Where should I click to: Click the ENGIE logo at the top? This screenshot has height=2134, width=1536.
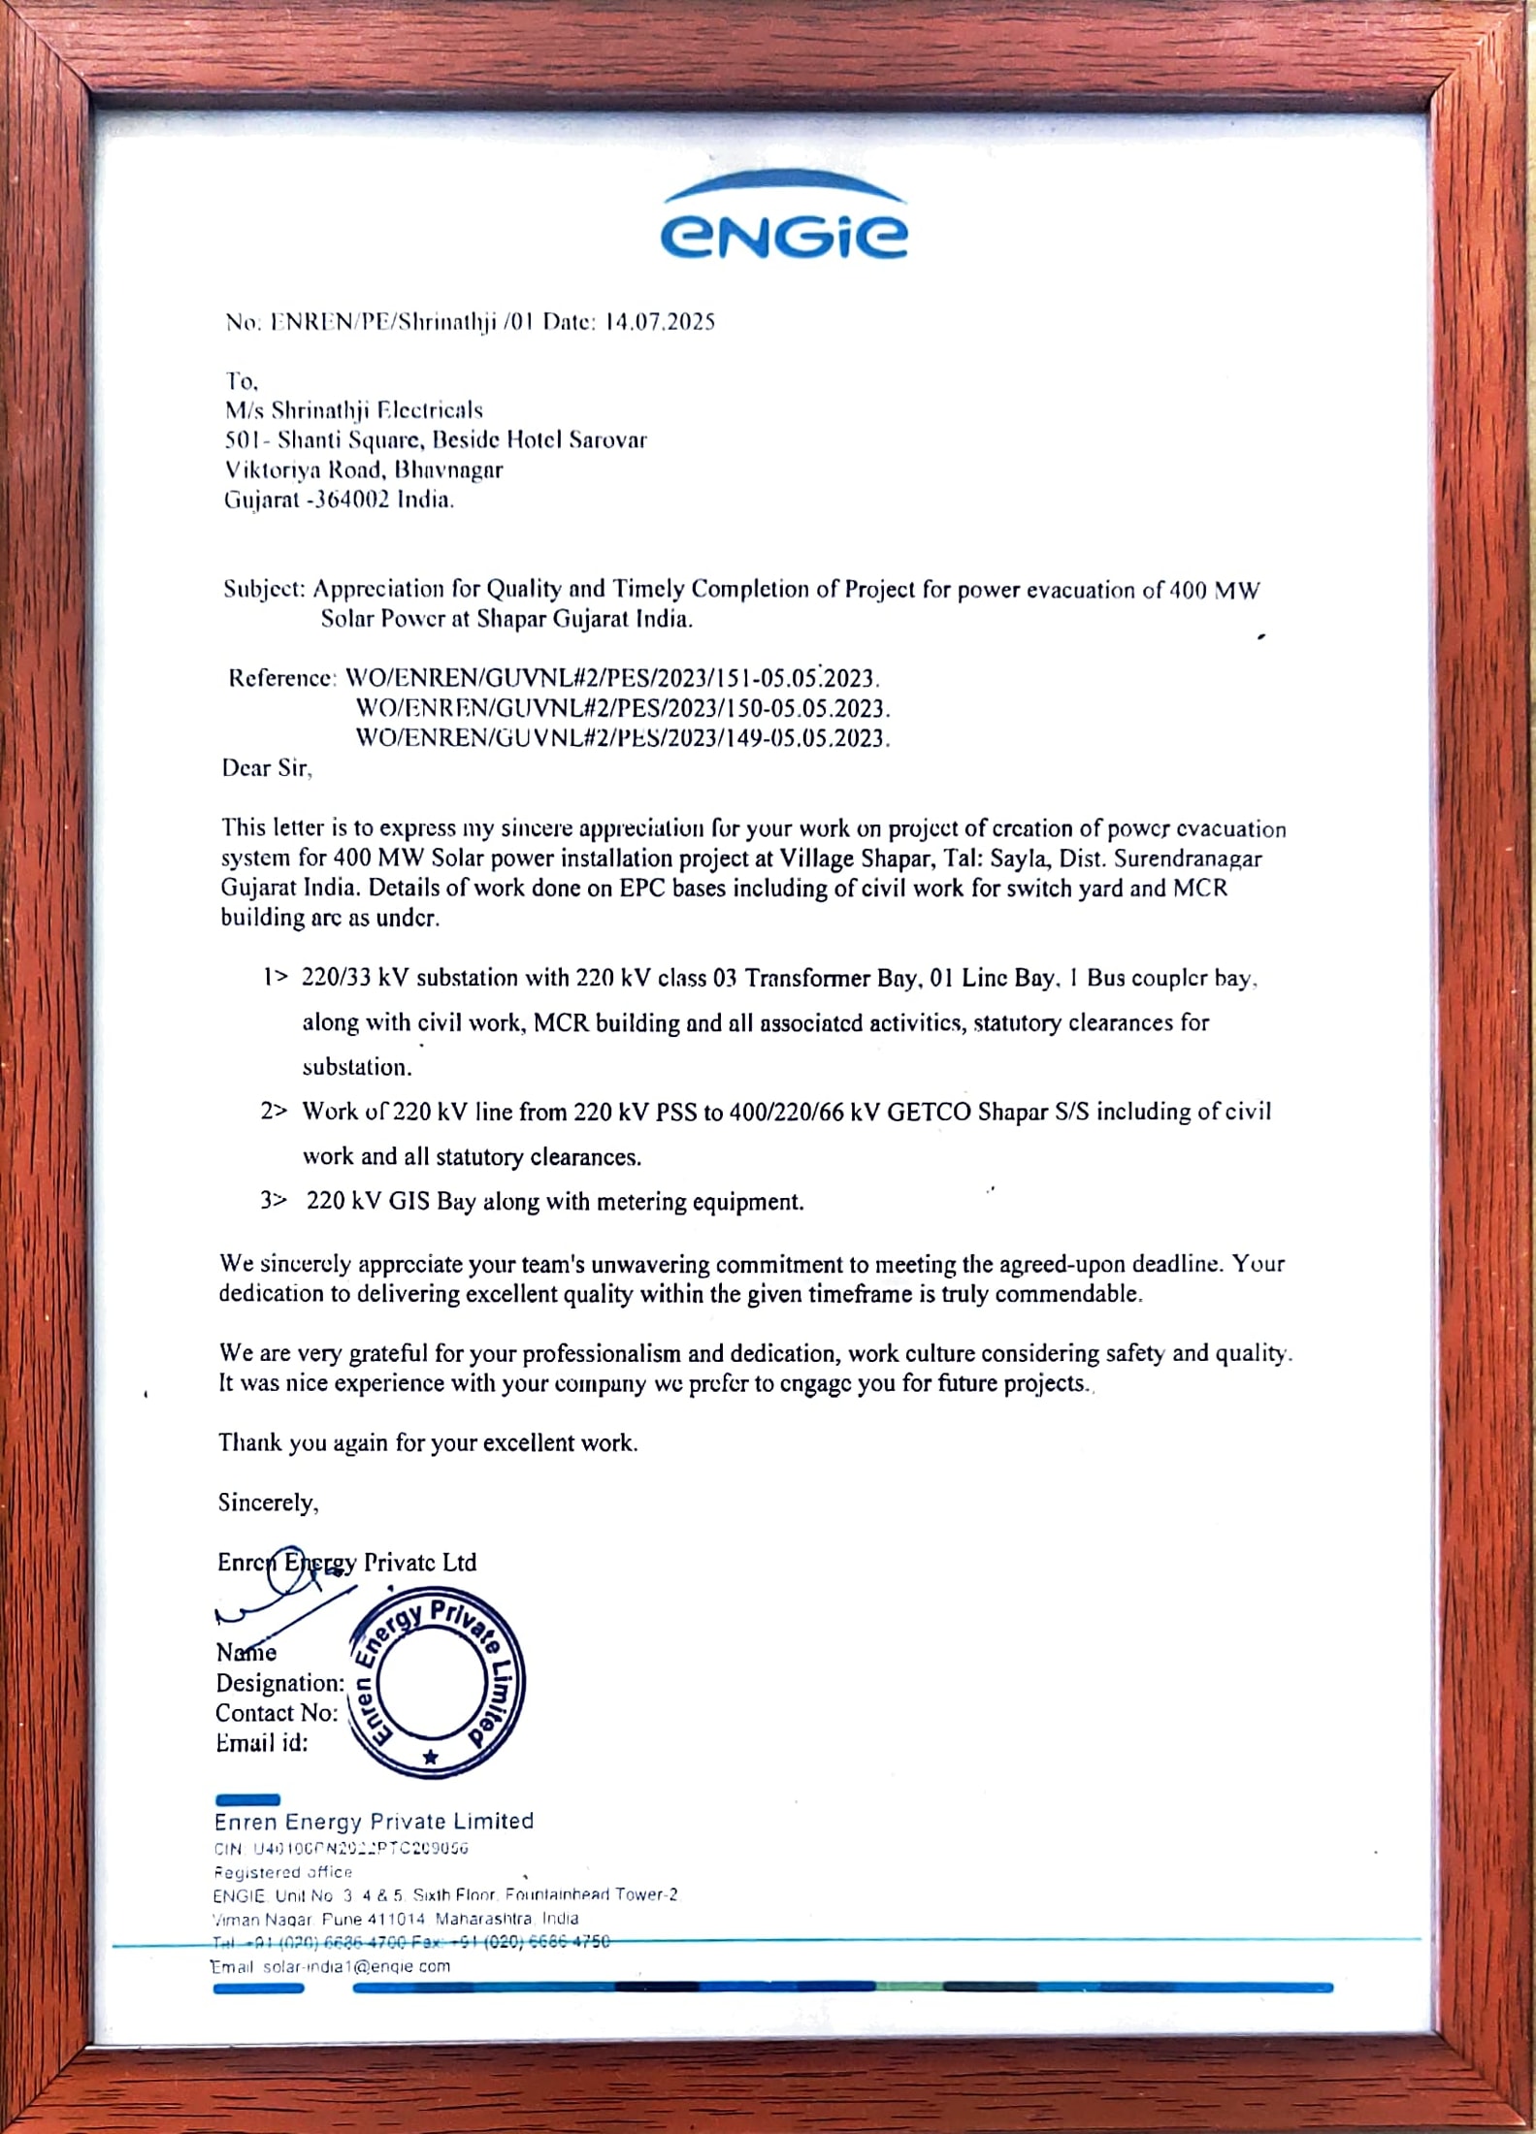[x=784, y=220]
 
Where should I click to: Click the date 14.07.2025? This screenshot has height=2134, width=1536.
[x=659, y=322]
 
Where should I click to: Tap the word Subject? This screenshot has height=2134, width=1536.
[x=263, y=589]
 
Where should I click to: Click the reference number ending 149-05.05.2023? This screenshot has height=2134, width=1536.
[x=622, y=738]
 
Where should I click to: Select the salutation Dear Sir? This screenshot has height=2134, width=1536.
[x=266, y=768]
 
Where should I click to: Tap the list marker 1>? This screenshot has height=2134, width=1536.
[x=275, y=977]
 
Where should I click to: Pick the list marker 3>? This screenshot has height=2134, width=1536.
[x=274, y=1201]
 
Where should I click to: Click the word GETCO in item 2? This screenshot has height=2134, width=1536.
[x=929, y=1112]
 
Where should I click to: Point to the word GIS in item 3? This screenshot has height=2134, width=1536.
[x=409, y=1202]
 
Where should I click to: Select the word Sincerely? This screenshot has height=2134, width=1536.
[x=267, y=1503]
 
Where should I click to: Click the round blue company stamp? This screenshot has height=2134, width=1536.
[x=436, y=1683]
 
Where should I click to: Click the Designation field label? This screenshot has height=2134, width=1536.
[x=279, y=1683]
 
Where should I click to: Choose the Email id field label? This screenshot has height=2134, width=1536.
[x=261, y=1743]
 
